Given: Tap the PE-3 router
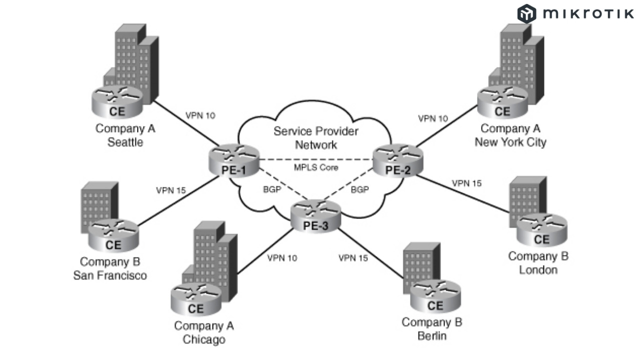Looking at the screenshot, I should pos(316,215).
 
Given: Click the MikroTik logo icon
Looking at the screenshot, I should pos(526,13).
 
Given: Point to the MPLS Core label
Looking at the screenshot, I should pos(316,167).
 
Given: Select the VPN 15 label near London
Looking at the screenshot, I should pos(466,183).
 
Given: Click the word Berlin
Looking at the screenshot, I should pos(432,335).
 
